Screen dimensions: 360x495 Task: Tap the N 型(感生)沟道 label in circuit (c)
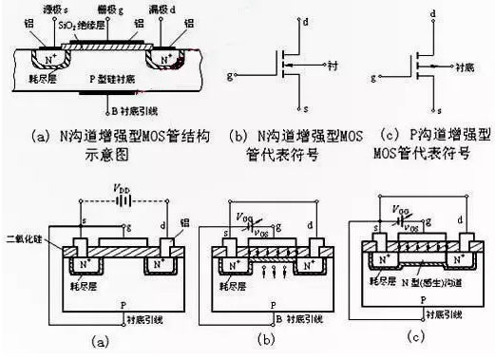pyautogui.click(x=436, y=282)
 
